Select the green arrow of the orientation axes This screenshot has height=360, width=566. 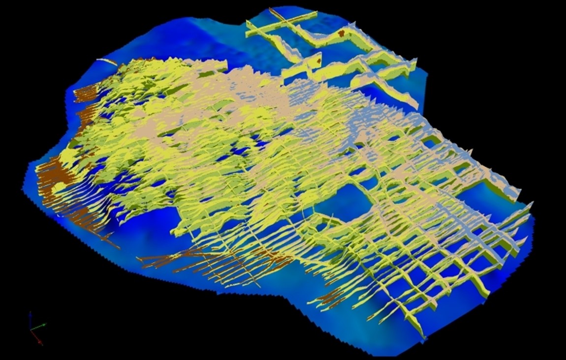40,325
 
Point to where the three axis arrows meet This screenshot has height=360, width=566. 31,329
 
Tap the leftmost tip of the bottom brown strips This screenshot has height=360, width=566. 138,258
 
